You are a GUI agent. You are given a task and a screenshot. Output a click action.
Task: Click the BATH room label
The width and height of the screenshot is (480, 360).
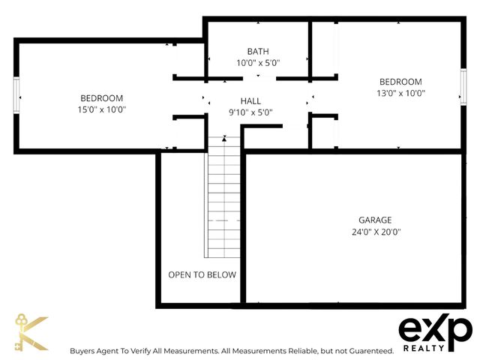(x=257, y=51)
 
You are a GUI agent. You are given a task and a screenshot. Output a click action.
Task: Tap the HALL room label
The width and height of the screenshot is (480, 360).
(x=250, y=100)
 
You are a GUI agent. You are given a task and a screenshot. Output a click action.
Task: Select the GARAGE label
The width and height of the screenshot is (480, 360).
(x=375, y=220)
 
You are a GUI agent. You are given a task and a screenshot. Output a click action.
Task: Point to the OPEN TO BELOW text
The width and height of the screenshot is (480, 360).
(x=202, y=274)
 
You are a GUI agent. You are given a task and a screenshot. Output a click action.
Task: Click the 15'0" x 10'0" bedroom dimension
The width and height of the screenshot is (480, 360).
(x=102, y=109)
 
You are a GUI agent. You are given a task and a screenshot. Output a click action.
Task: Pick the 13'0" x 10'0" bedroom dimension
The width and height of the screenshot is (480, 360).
(x=400, y=94)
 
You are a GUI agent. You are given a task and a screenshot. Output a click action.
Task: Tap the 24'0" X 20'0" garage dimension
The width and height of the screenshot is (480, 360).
(x=375, y=232)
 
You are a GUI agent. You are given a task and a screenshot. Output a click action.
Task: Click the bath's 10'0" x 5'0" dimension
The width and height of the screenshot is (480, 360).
(x=257, y=63)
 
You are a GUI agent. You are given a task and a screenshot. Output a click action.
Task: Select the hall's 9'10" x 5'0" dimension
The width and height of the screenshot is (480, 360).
(x=250, y=112)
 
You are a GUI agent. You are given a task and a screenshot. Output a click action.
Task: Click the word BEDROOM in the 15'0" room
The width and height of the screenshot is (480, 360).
(x=102, y=98)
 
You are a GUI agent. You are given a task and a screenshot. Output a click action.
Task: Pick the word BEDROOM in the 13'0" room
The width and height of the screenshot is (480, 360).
(x=400, y=82)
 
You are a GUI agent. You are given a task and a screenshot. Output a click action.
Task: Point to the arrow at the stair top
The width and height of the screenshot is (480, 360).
(x=223, y=138)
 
